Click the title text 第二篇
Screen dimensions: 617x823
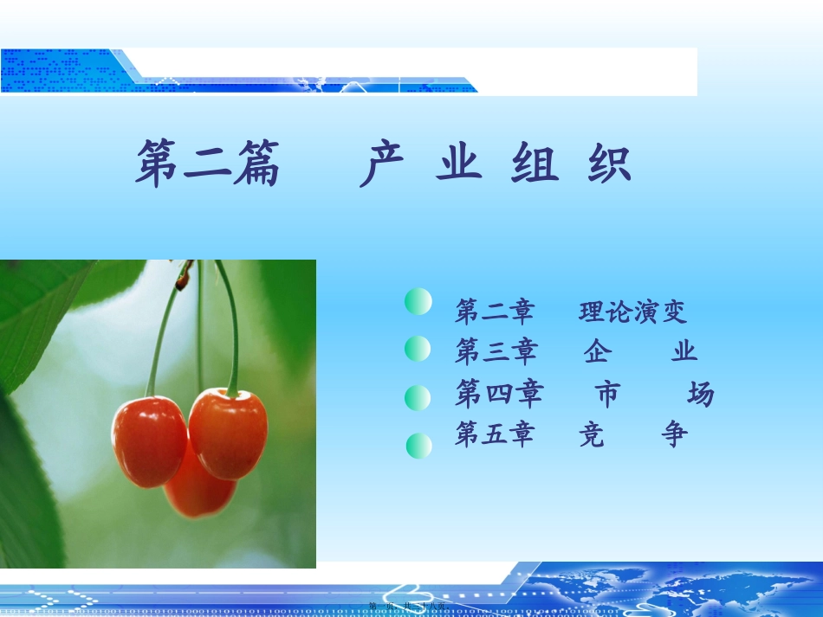[x=208, y=164]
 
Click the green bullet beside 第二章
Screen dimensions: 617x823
[x=418, y=302]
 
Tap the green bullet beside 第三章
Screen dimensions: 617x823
[x=418, y=349]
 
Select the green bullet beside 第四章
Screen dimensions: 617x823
[x=418, y=398]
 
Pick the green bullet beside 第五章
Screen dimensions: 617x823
[x=419, y=446]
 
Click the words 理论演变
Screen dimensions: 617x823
[x=632, y=312]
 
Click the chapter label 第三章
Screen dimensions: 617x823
[x=496, y=351]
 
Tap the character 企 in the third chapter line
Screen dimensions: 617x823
[x=595, y=351]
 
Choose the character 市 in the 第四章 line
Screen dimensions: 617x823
[x=608, y=395]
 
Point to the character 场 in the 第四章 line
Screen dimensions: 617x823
[x=700, y=395]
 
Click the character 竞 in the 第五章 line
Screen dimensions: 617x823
[x=592, y=434]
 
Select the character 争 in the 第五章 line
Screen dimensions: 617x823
[x=673, y=434]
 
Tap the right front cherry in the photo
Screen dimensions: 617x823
[x=228, y=433]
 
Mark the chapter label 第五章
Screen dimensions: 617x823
[x=495, y=434]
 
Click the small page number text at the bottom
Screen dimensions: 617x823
[x=407, y=607]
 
